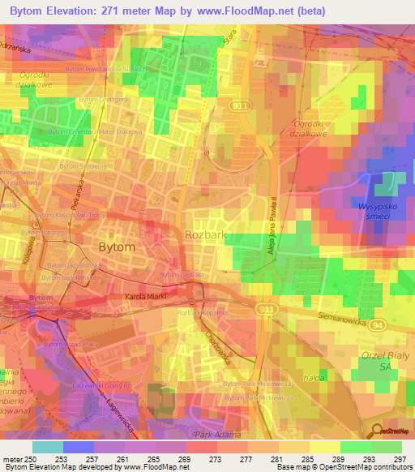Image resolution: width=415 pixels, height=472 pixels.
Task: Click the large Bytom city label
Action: (116, 247)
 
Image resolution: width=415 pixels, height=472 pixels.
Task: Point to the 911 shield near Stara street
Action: (240, 105)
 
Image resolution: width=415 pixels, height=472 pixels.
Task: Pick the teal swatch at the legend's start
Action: (47, 447)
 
